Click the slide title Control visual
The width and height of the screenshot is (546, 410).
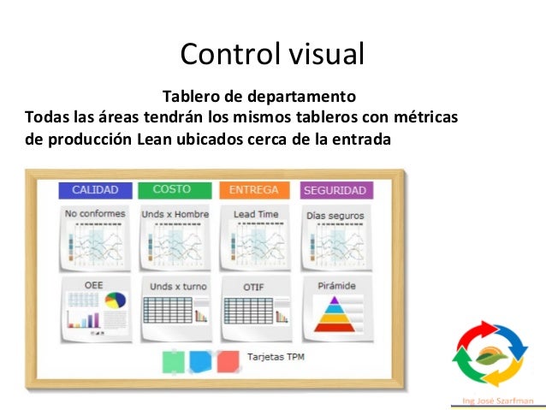[x=272, y=54]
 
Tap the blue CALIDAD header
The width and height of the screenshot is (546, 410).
[x=94, y=190]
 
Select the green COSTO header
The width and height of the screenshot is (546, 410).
[x=171, y=189]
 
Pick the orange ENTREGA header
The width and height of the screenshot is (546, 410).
[x=254, y=190]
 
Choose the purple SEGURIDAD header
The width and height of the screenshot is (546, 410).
[x=335, y=191]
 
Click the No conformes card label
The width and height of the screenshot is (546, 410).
[x=94, y=214]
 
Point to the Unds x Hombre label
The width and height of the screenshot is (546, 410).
[x=174, y=215]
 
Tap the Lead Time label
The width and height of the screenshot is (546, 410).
[x=255, y=215]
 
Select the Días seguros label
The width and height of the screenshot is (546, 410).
[x=335, y=216]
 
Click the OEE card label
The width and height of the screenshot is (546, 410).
[x=94, y=284]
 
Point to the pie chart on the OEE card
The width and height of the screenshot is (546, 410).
[x=115, y=301]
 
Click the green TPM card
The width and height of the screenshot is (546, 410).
[x=172, y=362]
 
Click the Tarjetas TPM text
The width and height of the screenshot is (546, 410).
[x=276, y=356]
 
